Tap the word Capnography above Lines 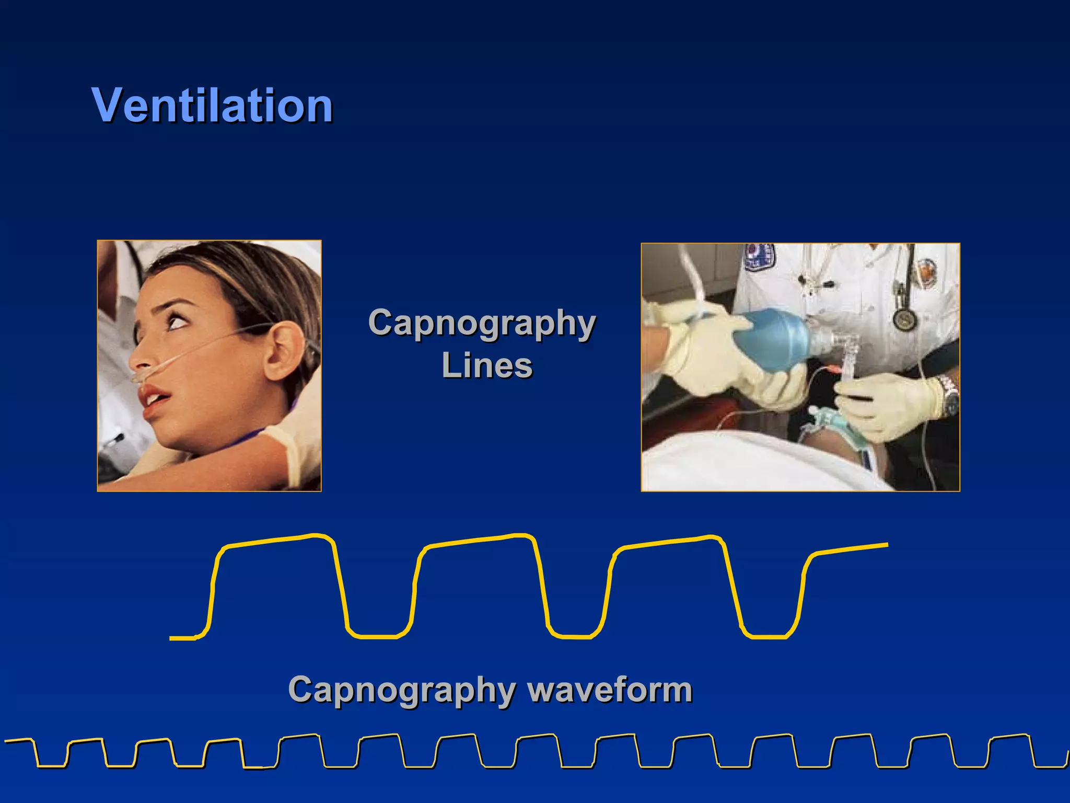(482, 323)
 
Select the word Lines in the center (487, 365)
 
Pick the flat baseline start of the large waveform (183, 638)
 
